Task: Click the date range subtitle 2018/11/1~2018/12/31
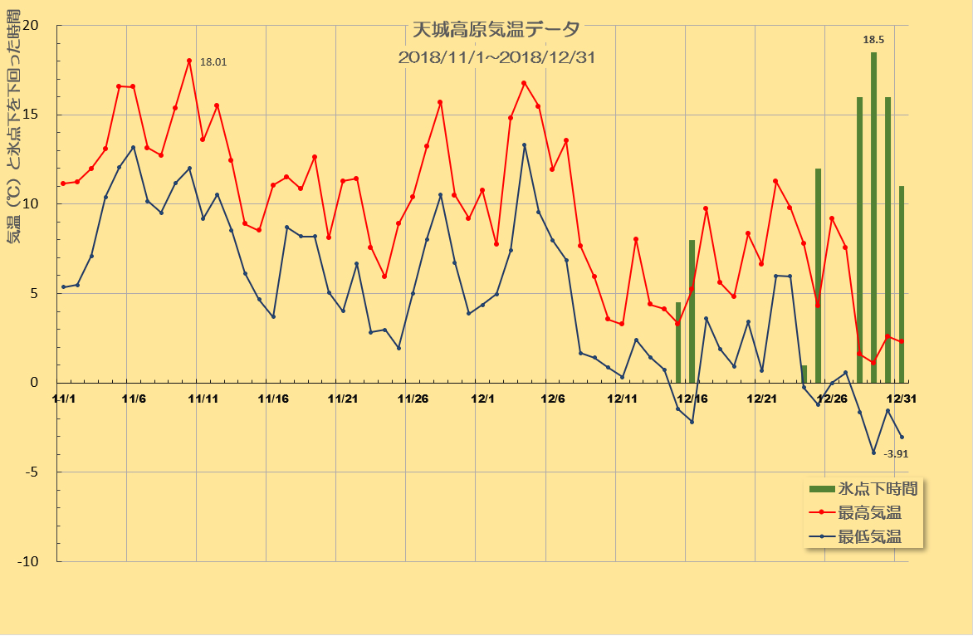pos(496,58)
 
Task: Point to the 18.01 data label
pos(213,61)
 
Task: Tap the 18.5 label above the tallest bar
pos(873,39)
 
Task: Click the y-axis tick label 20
pos(31,25)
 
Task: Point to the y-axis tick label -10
pos(29,562)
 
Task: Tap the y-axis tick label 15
pos(31,115)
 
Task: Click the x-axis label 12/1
pos(482,399)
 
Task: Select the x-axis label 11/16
pos(273,399)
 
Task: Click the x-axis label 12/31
pos(900,399)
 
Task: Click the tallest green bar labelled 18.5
pos(873,216)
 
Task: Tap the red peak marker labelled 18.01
pos(189,61)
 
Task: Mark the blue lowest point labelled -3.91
pos(873,453)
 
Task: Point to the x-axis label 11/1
pos(64,399)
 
